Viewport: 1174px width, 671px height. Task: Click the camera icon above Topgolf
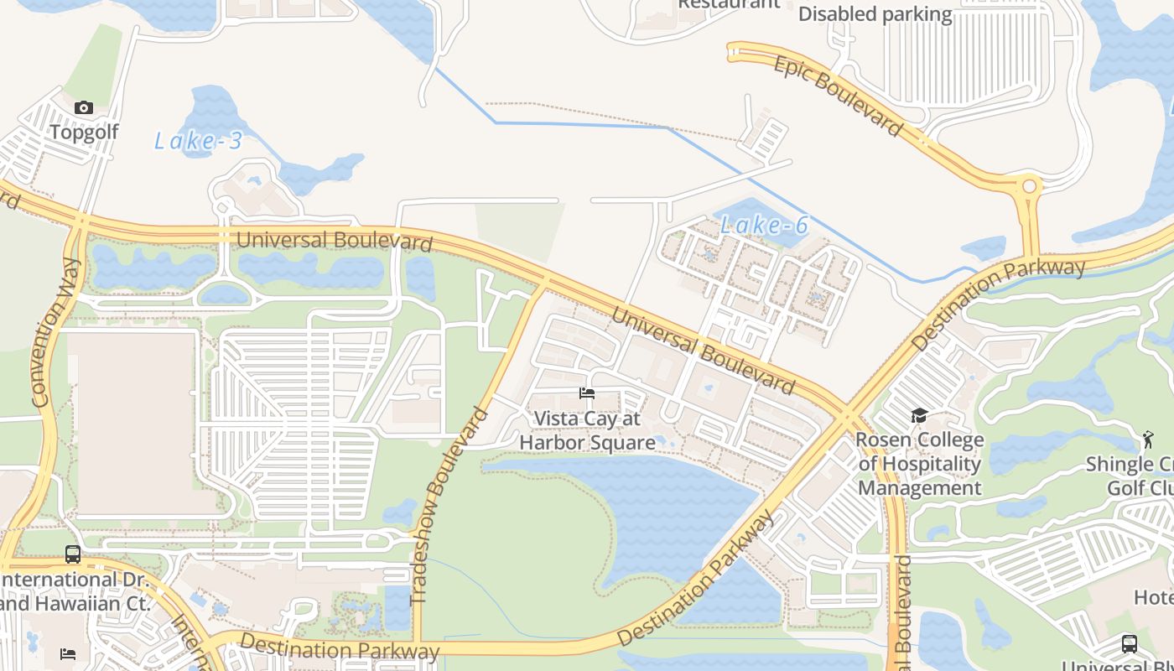83,107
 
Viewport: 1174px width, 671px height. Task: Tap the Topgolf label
84,132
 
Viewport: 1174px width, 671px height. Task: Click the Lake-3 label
198,141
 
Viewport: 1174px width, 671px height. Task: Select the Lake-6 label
765,225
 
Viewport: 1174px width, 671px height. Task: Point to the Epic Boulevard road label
838,96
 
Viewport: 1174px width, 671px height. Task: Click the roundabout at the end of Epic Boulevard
1028,185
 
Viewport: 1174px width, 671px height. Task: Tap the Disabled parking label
875,14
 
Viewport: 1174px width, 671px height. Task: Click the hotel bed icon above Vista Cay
587,393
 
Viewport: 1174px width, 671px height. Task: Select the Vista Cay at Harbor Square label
587,430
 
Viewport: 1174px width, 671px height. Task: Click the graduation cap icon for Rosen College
919,416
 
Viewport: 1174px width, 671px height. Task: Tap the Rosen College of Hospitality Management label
920,464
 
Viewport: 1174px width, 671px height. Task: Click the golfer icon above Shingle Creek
1147,438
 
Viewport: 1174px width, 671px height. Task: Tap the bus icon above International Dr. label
73,554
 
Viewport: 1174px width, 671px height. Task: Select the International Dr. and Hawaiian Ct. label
75,591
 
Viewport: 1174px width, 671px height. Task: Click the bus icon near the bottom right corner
1130,644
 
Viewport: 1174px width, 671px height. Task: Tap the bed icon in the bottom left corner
68,653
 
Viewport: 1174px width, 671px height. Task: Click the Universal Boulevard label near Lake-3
334,241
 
